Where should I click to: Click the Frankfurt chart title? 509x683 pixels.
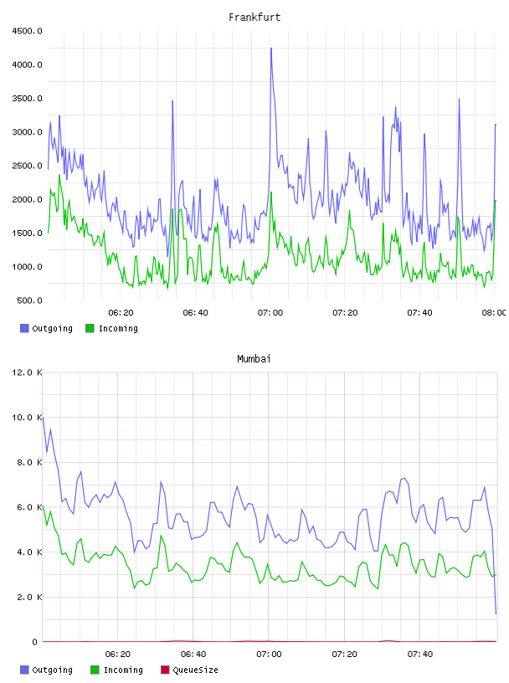click(254, 18)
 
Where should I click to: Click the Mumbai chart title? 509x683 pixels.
click(254, 359)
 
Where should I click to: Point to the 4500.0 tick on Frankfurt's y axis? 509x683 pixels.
click(27, 31)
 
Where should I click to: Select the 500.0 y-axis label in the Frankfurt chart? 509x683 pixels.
click(29, 300)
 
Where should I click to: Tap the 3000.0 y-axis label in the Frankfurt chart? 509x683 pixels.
click(27, 132)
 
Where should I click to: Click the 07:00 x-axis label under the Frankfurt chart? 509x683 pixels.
click(270, 313)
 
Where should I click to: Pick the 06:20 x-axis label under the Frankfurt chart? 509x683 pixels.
click(121, 313)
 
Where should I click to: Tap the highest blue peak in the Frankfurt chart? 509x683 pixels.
click(271, 49)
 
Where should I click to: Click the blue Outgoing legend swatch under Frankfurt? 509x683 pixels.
click(24, 328)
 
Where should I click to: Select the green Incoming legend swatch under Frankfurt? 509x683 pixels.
click(90, 328)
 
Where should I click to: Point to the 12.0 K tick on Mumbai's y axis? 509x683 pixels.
click(27, 372)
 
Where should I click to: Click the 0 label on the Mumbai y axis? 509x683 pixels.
click(34, 642)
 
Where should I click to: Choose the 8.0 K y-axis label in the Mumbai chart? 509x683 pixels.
click(29, 462)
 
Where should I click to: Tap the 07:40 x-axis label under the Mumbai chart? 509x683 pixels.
click(420, 655)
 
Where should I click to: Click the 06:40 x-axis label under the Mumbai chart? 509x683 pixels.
click(193, 655)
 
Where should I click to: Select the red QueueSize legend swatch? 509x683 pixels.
click(165, 670)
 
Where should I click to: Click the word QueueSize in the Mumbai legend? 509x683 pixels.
click(195, 670)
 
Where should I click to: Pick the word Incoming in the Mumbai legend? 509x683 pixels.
click(123, 670)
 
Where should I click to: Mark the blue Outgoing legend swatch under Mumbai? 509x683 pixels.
click(24, 670)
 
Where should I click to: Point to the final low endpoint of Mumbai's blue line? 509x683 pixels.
click(496, 614)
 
